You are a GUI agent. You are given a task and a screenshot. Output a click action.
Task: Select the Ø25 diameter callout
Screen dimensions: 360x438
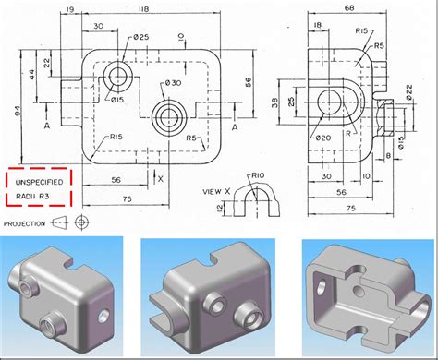click(141, 36)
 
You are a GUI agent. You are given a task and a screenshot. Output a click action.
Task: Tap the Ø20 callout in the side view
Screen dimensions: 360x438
click(323, 138)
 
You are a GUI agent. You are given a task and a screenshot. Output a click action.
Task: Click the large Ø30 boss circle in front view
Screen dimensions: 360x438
click(169, 116)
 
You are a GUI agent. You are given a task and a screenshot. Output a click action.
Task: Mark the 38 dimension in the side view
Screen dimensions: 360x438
click(274, 102)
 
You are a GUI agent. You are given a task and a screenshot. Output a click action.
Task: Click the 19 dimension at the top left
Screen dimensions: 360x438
click(70, 11)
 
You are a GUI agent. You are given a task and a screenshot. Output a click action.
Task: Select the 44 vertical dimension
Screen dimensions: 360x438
click(32, 73)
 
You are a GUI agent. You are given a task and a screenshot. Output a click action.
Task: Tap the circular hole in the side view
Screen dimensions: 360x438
click(329, 101)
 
